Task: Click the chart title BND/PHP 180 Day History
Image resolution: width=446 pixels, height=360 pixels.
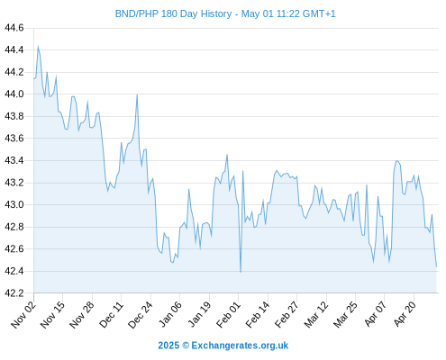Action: click(173, 13)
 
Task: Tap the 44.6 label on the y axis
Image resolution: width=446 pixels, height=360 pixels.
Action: click(14, 28)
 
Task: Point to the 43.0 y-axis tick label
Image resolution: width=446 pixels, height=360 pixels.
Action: click(14, 204)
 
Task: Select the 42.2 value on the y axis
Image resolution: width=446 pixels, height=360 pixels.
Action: click(14, 293)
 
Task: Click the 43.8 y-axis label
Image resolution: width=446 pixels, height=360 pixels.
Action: click(14, 116)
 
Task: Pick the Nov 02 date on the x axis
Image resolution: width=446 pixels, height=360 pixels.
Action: click(23, 314)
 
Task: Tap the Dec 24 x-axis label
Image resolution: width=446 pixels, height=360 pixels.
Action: click(141, 314)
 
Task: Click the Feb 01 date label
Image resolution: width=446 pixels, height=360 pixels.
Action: click(229, 314)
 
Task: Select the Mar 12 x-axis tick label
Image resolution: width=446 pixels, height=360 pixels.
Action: click(316, 314)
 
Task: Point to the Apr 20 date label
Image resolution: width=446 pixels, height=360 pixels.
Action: click(405, 314)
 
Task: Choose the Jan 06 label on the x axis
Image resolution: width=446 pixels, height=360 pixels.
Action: click(170, 314)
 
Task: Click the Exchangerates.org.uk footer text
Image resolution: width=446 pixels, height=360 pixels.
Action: click(240, 346)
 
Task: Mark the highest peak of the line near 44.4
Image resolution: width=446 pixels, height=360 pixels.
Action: click(38, 46)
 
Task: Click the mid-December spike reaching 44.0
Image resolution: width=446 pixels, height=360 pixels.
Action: click(137, 94)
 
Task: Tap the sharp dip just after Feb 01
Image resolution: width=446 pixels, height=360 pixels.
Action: click(241, 272)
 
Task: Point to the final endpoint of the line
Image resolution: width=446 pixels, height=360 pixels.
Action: click(436, 266)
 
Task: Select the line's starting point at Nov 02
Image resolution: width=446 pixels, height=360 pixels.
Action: click(34, 78)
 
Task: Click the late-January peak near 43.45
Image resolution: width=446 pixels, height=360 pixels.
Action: click(227, 155)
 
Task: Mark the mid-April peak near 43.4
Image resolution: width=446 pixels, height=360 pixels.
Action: click(396, 161)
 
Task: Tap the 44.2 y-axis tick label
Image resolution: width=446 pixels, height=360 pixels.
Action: click(14, 72)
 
